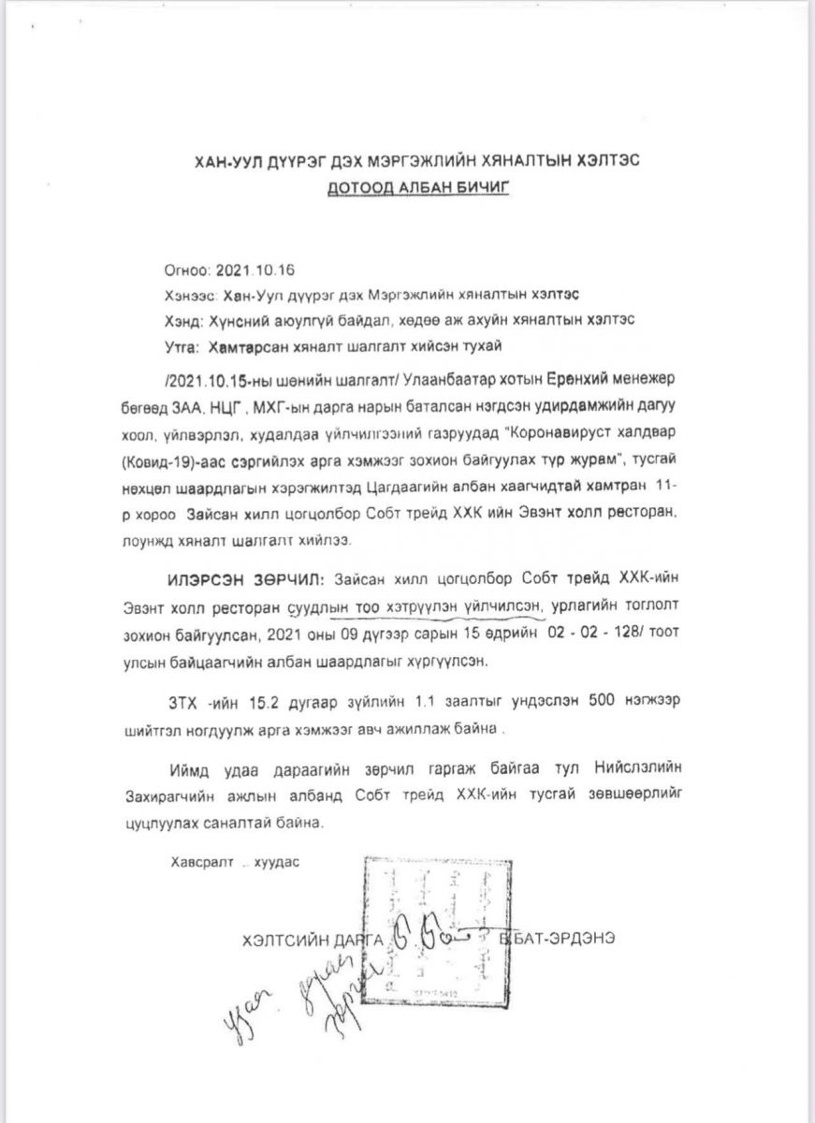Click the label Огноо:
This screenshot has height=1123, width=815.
click(187, 271)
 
